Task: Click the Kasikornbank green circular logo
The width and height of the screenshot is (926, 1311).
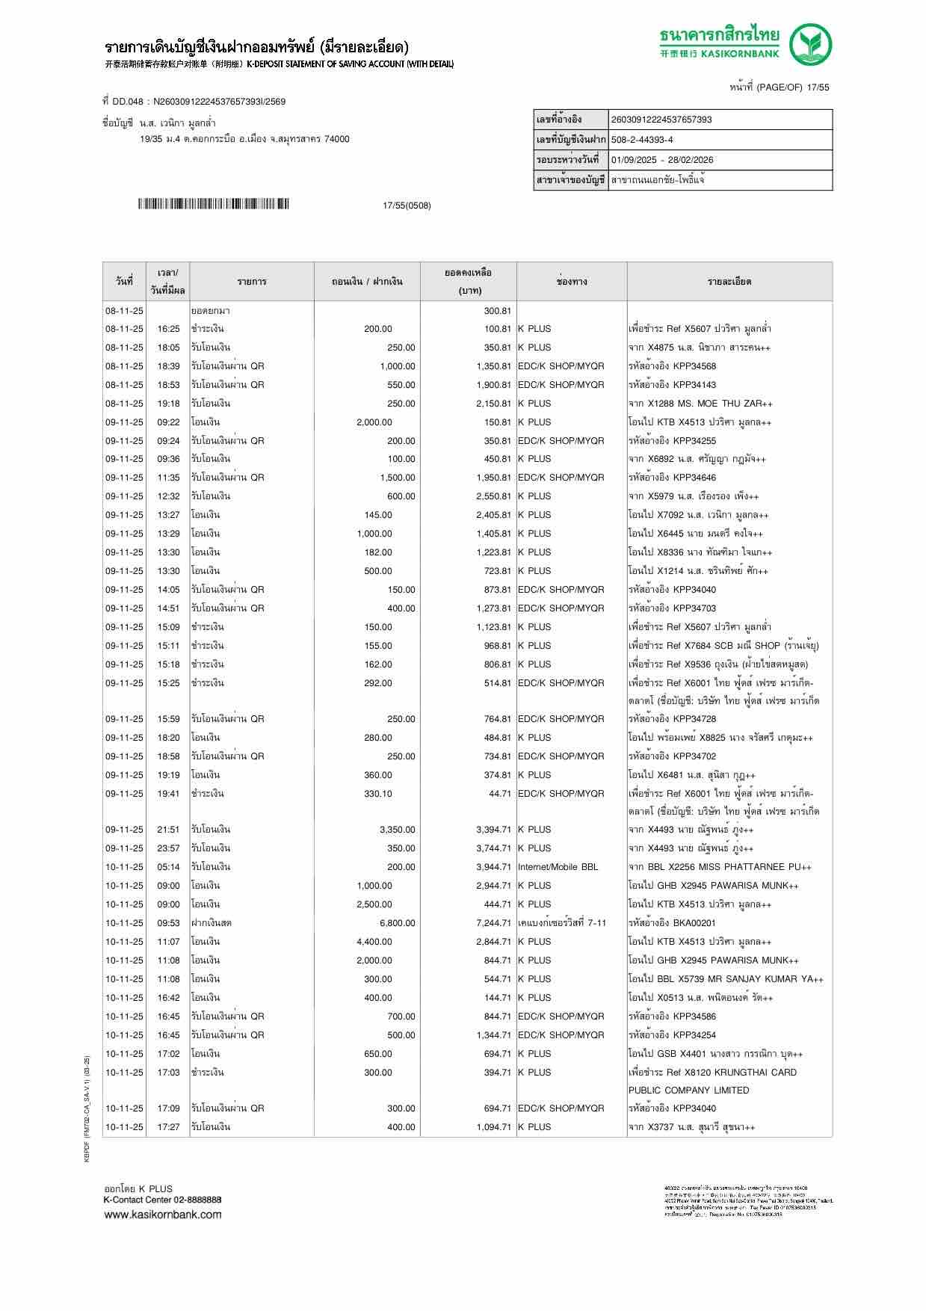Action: [x=812, y=45]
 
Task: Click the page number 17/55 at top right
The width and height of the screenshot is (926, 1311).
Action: [x=815, y=87]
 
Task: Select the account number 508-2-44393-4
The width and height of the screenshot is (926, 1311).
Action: [x=641, y=140]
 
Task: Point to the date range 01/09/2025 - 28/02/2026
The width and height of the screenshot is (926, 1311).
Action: [x=661, y=160]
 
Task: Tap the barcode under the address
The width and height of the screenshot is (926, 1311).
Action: [x=213, y=204]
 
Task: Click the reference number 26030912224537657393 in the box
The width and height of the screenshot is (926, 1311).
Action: [x=661, y=120]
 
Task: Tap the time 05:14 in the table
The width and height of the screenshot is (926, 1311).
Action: [x=168, y=867]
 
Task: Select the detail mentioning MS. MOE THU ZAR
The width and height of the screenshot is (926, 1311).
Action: [x=700, y=404]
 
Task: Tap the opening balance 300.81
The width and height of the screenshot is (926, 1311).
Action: [x=497, y=310]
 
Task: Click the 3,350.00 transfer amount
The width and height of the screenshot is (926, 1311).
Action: [x=397, y=830]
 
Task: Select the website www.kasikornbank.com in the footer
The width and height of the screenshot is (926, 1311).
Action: [x=162, y=1214]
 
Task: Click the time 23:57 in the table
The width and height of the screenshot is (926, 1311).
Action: [x=168, y=848]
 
